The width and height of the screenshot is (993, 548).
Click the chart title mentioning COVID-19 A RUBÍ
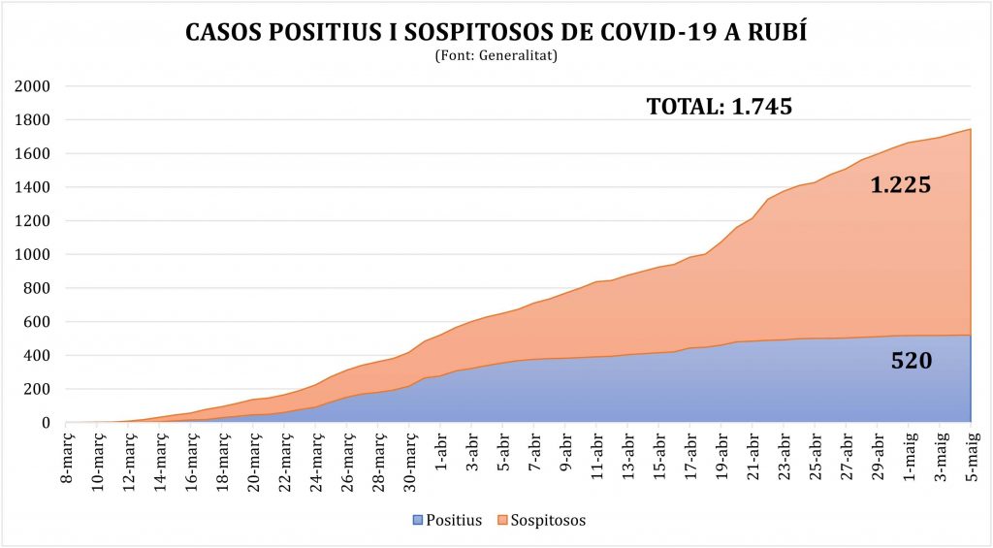point(496,32)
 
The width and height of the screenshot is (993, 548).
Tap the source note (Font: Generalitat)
point(496,55)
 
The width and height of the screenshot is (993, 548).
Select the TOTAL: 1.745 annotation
point(720,107)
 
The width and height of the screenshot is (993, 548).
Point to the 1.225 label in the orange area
point(901,185)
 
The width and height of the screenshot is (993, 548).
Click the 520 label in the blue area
point(912,361)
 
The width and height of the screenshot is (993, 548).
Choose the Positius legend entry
point(447,520)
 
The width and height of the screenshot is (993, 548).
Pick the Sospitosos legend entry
point(541,520)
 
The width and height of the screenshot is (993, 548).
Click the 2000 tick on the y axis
point(32,86)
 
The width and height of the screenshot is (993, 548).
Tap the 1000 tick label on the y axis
point(32,255)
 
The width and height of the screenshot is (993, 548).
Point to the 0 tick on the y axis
point(46,423)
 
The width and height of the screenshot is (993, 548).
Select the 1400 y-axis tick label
point(32,187)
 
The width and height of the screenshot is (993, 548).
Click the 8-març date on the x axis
point(67,457)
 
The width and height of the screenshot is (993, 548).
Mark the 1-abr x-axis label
point(441,452)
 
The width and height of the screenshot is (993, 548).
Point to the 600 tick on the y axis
point(37,322)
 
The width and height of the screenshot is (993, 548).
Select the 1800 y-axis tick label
point(32,119)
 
